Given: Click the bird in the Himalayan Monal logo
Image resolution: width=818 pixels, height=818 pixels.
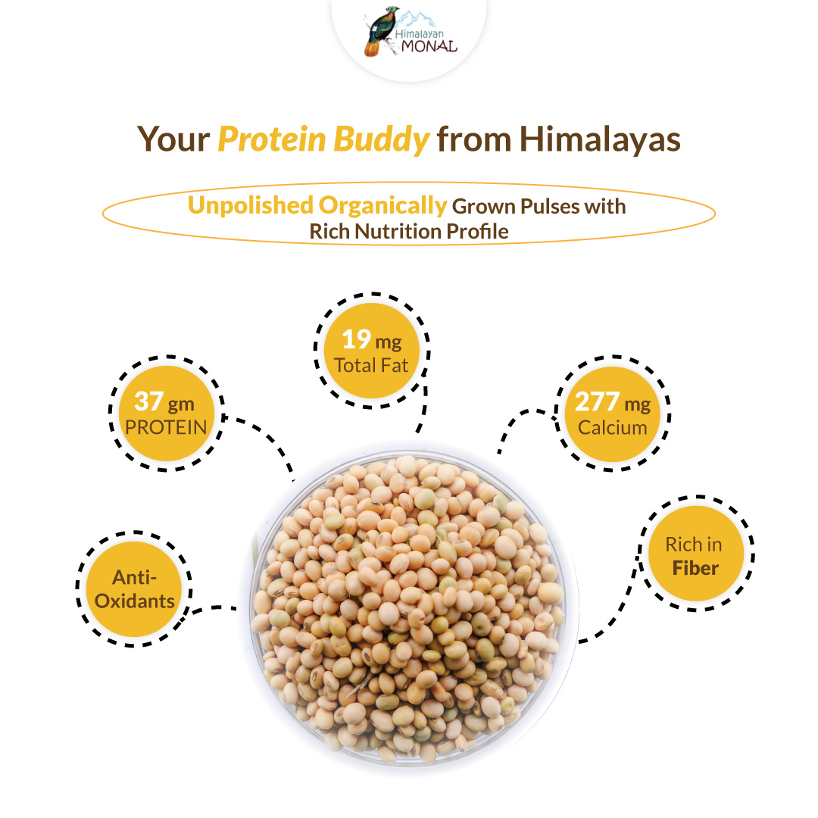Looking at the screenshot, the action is pos(379,30).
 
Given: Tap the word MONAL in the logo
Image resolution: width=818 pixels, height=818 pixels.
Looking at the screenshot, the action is pos(429,46).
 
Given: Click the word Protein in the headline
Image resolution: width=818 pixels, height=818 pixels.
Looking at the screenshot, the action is pos(272,139).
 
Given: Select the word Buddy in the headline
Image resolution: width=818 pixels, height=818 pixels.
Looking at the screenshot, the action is pos(381,140).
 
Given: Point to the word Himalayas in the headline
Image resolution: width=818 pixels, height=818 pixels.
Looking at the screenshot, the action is pos(600,140).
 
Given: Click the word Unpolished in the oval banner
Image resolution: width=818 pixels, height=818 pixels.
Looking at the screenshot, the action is pos(251,205).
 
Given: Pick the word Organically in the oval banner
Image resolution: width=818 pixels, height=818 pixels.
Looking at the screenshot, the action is pos(383,206).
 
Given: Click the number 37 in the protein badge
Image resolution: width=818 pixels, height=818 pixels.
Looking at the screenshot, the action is pos(148,401).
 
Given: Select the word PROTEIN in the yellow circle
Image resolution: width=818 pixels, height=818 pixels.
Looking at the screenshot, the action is pos(166,427).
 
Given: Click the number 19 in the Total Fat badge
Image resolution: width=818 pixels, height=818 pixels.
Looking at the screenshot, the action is pos(356,339).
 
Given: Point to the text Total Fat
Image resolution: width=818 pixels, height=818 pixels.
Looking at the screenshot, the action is pos(371,365).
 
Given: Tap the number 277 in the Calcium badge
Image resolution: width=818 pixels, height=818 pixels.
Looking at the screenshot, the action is pos(597,401).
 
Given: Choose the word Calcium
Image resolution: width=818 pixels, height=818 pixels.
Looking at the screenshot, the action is pos(613,427).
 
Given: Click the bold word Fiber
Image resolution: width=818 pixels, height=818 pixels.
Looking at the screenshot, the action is pos(695,567).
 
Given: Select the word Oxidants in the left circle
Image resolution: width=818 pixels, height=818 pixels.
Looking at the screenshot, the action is pos(135,601).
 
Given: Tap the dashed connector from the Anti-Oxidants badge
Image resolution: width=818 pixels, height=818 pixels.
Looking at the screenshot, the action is pos(214,608).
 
